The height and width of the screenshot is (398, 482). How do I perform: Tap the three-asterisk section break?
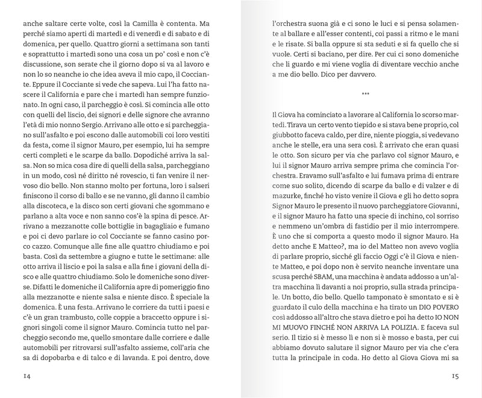pos(365,94)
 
